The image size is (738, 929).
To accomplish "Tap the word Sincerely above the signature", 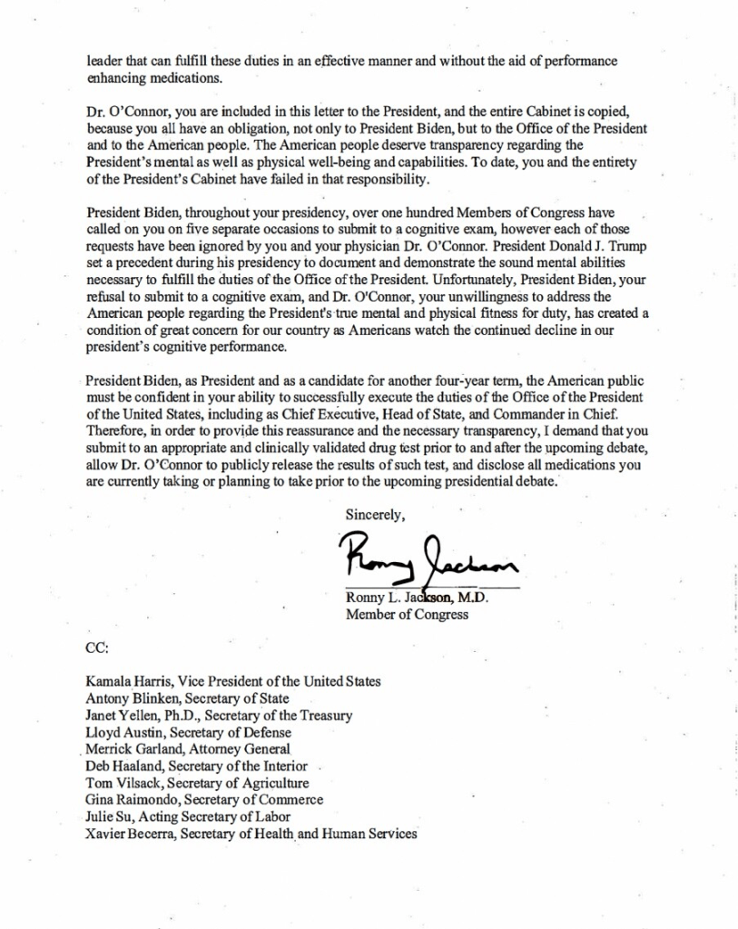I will coord(375,514).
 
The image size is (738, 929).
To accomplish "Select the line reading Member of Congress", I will coord(407,614).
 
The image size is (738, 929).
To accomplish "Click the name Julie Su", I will coord(107,816).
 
